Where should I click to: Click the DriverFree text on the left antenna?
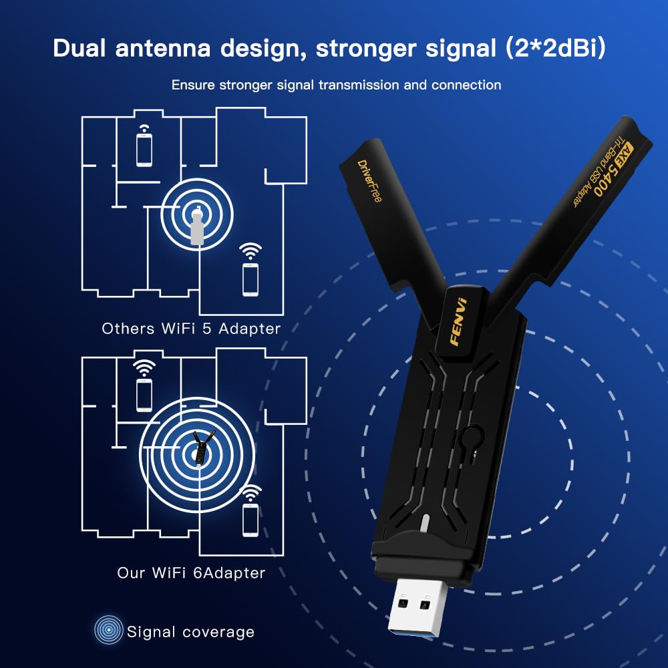click(x=369, y=180)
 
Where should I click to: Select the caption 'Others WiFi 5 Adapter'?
click(x=191, y=329)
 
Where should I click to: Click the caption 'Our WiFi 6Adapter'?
click(x=191, y=572)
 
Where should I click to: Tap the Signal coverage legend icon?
click(x=108, y=630)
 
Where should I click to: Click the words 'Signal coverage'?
click(x=190, y=631)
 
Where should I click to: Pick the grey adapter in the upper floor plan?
click(x=196, y=226)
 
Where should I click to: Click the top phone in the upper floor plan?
click(x=144, y=150)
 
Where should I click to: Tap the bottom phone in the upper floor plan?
click(x=251, y=279)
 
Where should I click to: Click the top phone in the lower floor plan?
click(x=144, y=394)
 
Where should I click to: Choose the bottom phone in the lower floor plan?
click(x=251, y=519)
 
